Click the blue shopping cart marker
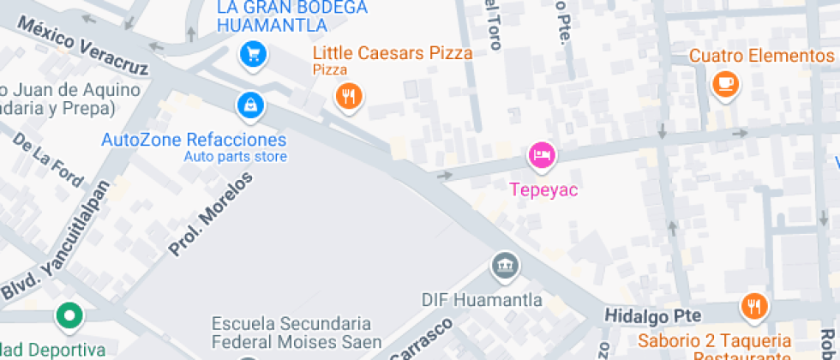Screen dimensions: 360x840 253,55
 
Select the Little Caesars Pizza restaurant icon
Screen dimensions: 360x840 348,96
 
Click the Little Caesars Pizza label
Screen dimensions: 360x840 393,53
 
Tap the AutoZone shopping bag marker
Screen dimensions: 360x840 249,105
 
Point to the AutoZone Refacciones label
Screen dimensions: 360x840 194,140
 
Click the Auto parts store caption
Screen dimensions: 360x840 235,157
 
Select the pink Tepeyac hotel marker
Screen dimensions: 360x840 542,155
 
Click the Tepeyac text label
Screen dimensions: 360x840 544,189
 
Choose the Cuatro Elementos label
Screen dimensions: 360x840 761,56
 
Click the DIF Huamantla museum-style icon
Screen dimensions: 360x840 504,266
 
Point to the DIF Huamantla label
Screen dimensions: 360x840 482,300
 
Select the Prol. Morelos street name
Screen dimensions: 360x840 211,214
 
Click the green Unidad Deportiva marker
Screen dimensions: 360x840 69,316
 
